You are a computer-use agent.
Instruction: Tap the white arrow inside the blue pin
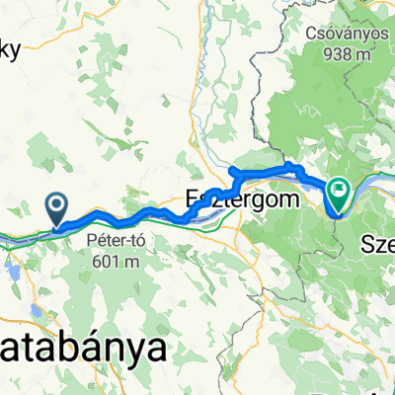coord(57,205)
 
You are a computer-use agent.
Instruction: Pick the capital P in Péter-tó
coord(94,241)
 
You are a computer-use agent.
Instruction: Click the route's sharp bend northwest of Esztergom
coord(232,171)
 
